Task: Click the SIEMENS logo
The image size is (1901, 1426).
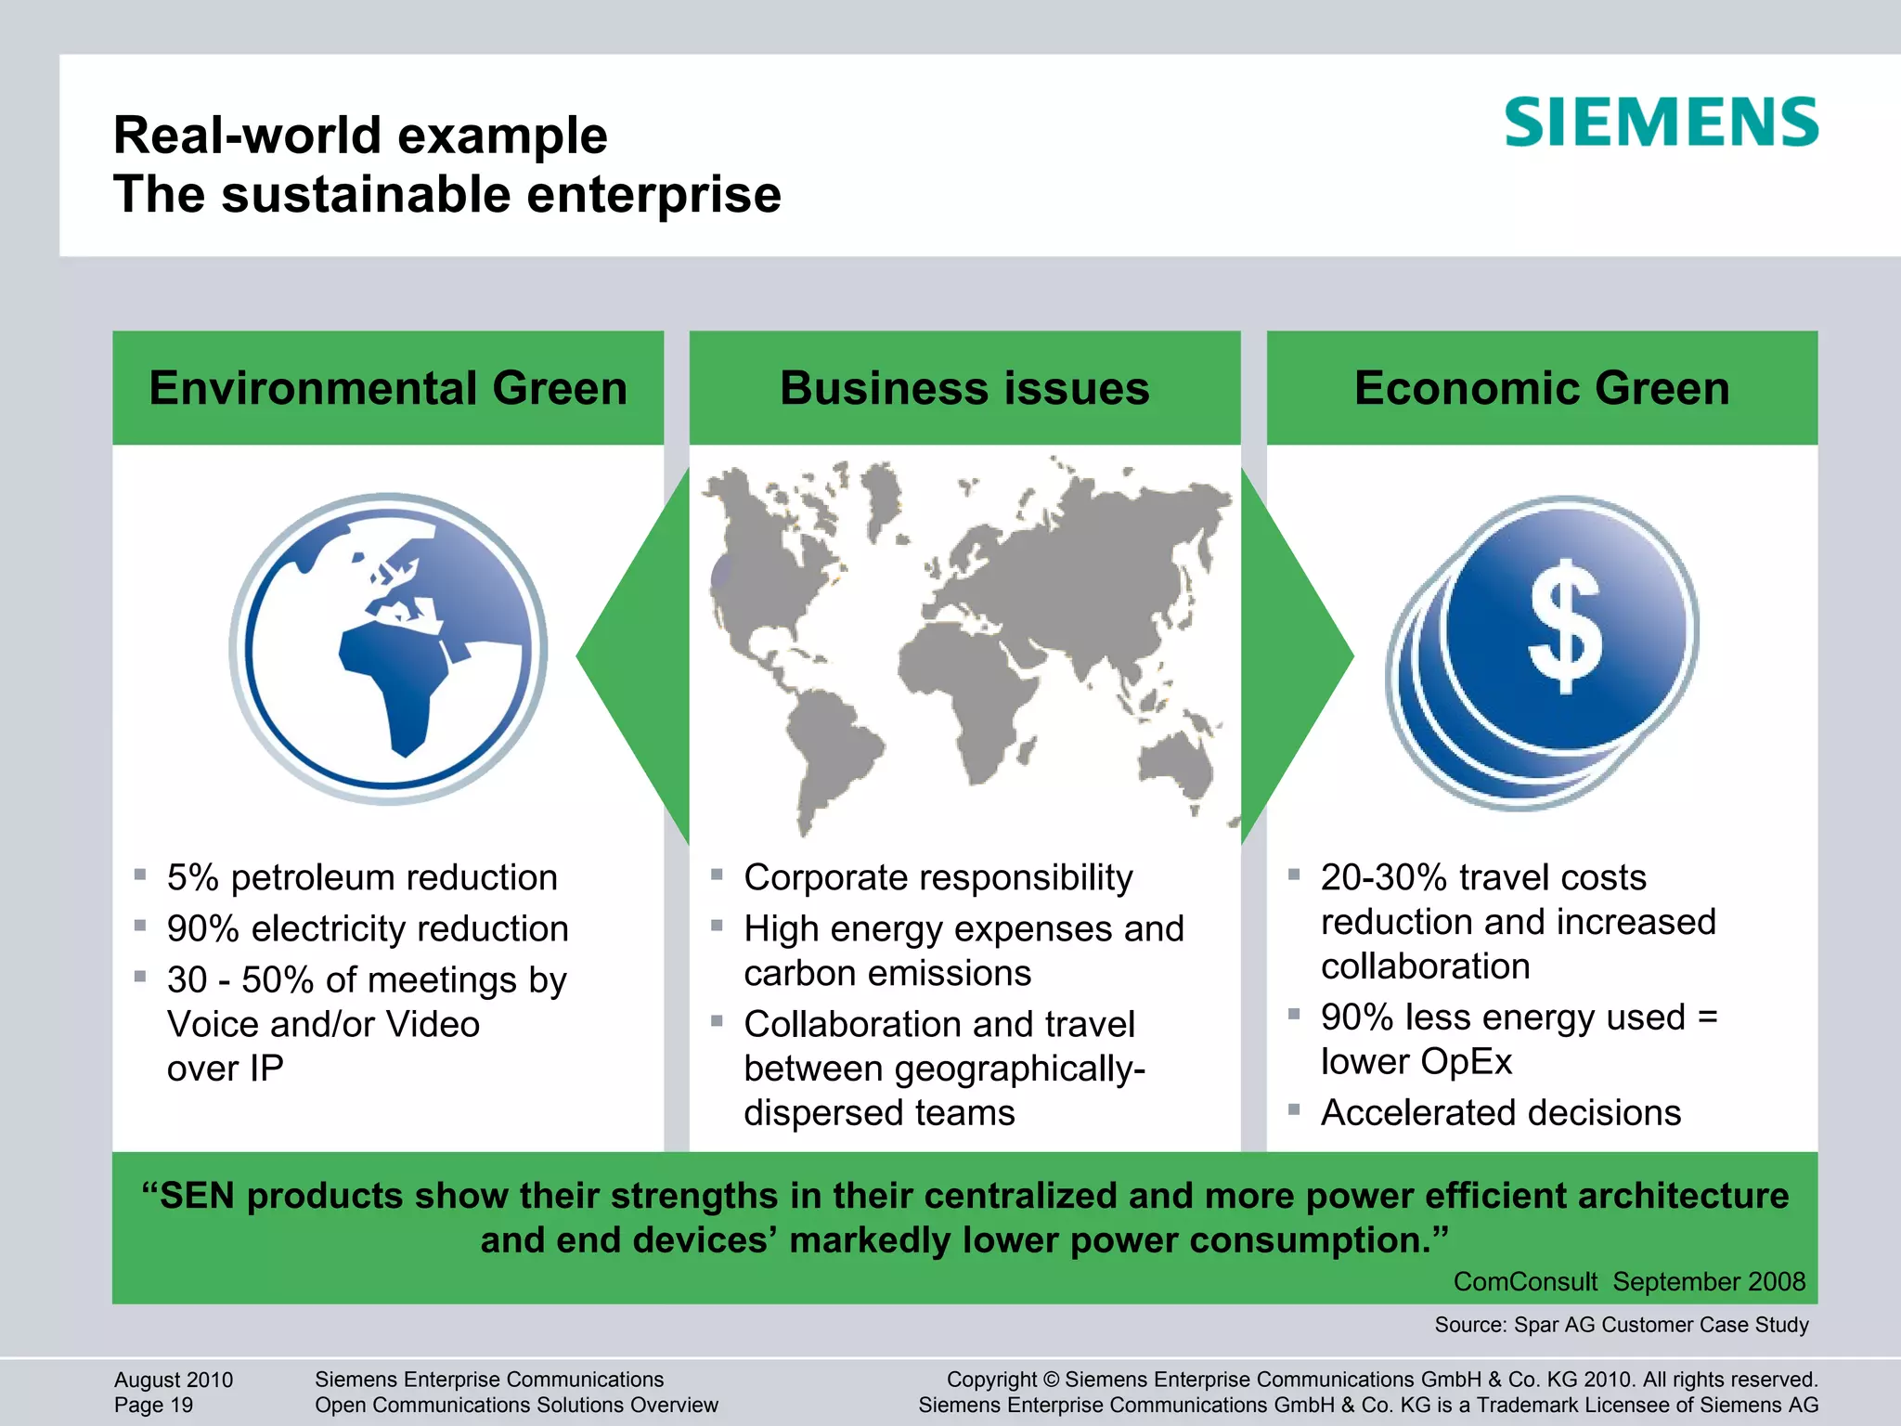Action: click(x=1661, y=123)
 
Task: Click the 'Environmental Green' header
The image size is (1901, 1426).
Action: click(x=388, y=388)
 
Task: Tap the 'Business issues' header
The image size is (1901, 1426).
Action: click(x=964, y=388)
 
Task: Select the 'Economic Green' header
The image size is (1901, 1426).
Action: click(x=1542, y=388)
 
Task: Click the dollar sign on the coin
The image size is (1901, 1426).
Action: click(x=1566, y=626)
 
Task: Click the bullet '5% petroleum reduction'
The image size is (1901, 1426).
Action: click(x=362, y=877)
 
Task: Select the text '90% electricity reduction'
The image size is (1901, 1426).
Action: click(x=368, y=928)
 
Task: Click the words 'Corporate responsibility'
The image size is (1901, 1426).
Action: click(x=938, y=877)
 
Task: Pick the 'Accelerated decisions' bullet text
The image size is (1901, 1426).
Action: click(x=1501, y=1112)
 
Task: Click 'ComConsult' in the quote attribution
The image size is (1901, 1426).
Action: click(x=1525, y=1282)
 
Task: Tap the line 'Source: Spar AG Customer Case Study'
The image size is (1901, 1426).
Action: click(x=1622, y=1325)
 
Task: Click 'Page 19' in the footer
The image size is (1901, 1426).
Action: click(x=154, y=1405)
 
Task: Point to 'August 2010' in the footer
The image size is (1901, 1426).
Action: click(x=174, y=1380)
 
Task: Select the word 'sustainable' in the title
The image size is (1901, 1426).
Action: click(x=366, y=195)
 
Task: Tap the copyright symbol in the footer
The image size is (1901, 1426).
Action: click(x=1051, y=1380)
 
